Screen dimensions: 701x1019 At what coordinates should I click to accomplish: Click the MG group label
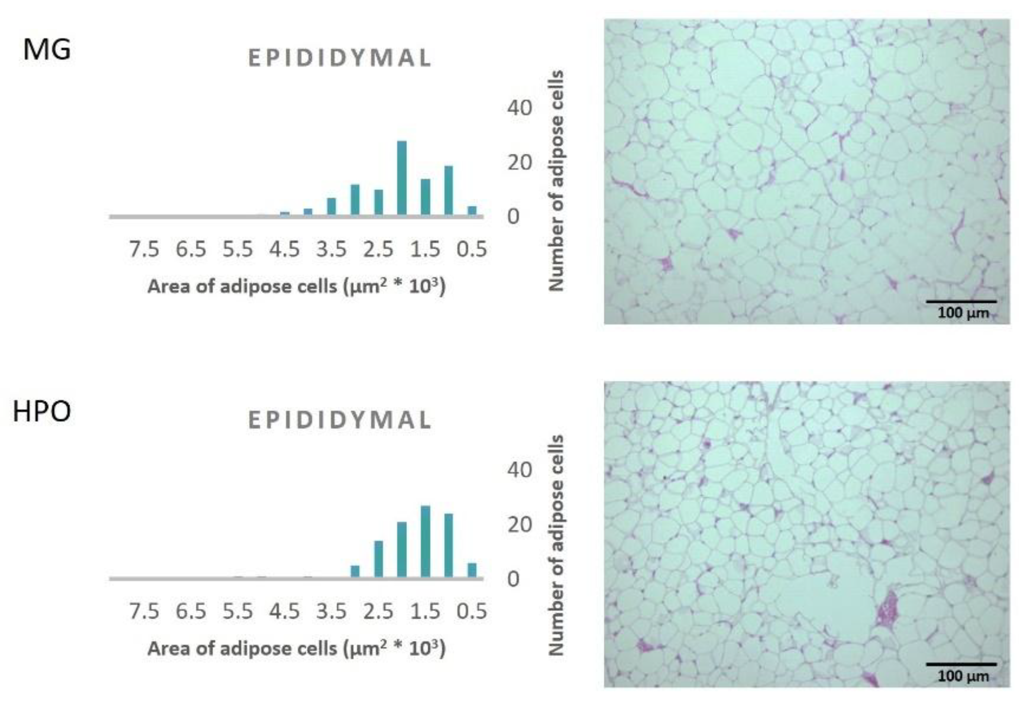tap(47, 50)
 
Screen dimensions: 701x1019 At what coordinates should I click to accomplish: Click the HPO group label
tap(42, 412)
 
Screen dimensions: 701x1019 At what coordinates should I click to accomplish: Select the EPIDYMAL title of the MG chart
tap(340, 58)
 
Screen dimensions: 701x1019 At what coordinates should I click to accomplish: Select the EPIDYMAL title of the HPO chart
tap(340, 420)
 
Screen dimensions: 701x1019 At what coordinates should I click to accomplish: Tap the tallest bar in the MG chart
tap(401, 178)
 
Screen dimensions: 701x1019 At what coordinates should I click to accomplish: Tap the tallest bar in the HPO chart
tap(425, 541)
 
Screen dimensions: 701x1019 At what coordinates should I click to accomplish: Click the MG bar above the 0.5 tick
tap(472, 210)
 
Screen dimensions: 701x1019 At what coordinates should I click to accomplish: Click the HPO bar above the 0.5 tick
tap(472, 570)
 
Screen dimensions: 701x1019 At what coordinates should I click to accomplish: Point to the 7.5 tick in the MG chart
tap(144, 249)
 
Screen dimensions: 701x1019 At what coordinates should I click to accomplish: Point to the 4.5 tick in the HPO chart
tap(285, 611)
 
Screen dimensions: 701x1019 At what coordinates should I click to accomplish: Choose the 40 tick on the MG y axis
tap(519, 108)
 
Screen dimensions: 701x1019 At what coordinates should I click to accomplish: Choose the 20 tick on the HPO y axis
tap(519, 524)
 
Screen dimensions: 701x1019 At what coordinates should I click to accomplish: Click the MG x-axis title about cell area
tap(297, 286)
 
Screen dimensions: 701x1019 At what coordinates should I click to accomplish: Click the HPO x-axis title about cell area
tap(297, 648)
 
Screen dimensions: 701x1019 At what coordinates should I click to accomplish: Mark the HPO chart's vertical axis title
tap(556, 545)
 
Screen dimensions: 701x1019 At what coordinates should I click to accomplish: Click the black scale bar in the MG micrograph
tap(961, 301)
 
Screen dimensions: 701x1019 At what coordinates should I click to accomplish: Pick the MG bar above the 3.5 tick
tap(332, 207)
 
